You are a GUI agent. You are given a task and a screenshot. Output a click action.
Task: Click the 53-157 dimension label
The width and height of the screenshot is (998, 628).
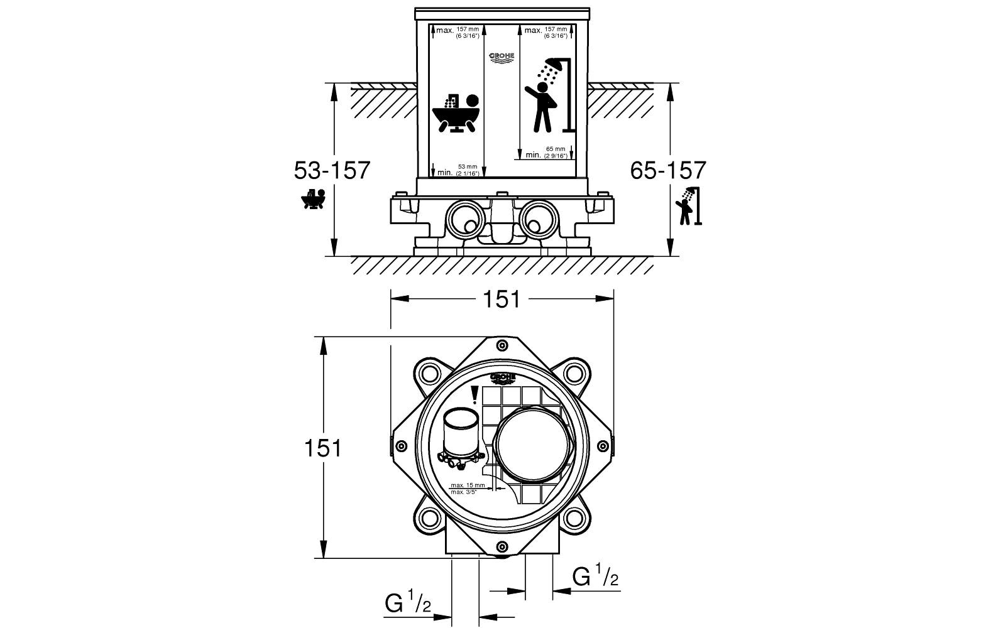point(332,170)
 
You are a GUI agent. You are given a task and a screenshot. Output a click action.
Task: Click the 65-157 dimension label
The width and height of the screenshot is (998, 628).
point(668,170)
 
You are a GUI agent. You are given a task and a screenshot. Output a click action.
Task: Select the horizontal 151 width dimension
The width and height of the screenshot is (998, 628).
point(502,300)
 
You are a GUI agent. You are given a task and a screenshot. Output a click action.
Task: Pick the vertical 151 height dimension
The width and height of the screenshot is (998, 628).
point(323,448)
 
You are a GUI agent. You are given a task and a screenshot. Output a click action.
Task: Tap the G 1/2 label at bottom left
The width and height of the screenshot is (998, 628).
point(408,604)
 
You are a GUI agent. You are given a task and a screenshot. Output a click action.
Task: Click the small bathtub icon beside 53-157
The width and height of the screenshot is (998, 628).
point(312,199)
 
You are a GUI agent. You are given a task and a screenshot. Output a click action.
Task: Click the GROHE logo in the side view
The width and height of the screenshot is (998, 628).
point(502,58)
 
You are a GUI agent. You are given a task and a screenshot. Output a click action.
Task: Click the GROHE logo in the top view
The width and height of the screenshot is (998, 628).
point(503,378)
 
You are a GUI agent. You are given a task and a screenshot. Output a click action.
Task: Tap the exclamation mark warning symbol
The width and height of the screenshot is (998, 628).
point(475,394)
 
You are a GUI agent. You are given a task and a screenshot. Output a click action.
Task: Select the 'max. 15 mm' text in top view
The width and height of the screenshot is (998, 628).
point(468,485)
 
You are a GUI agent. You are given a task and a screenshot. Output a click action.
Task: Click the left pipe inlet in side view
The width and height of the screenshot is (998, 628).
point(465,220)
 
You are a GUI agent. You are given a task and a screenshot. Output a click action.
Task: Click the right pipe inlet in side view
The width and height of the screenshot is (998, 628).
point(538,220)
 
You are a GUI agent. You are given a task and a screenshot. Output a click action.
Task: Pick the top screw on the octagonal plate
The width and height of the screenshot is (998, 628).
point(502,345)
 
